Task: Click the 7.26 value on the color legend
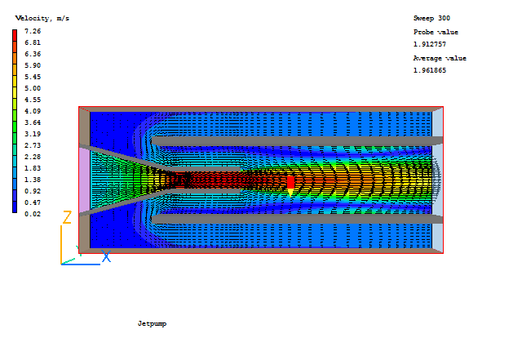tap(32, 31)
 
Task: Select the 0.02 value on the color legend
tap(32, 214)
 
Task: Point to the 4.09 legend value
tap(32, 111)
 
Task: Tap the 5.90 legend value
tap(32, 65)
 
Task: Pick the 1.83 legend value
tap(32, 168)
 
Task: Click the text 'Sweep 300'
tap(431, 18)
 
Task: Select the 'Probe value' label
tap(436, 32)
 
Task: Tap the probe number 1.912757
tap(430, 44)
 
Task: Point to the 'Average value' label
tap(440, 58)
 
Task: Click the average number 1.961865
tap(430, 70)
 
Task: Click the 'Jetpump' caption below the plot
tap(152, 324)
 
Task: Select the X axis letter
tap(106, 257)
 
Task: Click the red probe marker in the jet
tap(290, 181)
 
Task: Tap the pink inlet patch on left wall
tap(84, 180)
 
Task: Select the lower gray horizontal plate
tap(294, 219)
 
